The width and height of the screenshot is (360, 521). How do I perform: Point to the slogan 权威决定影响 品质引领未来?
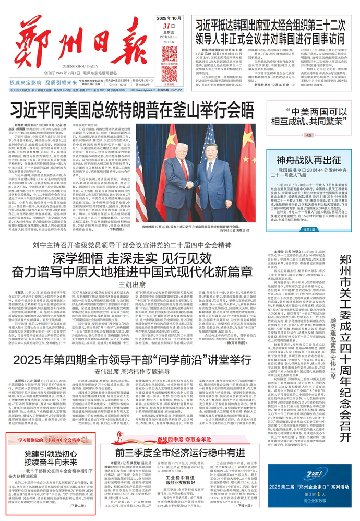[45, 82]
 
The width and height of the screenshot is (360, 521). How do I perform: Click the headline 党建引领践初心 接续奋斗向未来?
[50, 456]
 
